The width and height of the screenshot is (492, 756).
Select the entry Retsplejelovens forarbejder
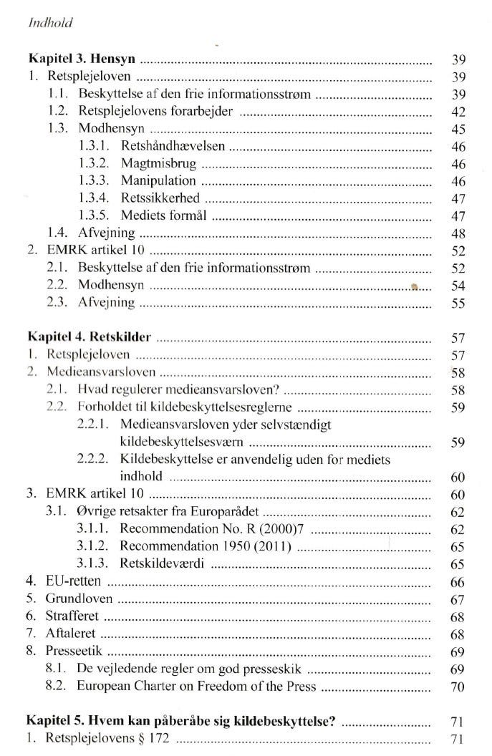tap(157, 111)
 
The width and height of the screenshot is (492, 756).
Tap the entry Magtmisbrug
tap(158, 164)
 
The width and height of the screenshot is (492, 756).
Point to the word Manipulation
tap(158, 181)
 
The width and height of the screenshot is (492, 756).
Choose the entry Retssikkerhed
tap(160, 198)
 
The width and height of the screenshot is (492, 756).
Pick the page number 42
tap(459, 112)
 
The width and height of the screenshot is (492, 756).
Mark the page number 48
tap(459, 233)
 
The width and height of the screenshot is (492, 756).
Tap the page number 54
tap(459, 286)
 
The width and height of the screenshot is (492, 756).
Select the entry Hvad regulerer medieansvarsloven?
tap(178, 389)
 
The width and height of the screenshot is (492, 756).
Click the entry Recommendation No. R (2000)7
tap(214, 530)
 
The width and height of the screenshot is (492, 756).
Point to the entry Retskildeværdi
tap(163, 564)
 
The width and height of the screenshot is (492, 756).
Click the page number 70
tap(459, 687)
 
